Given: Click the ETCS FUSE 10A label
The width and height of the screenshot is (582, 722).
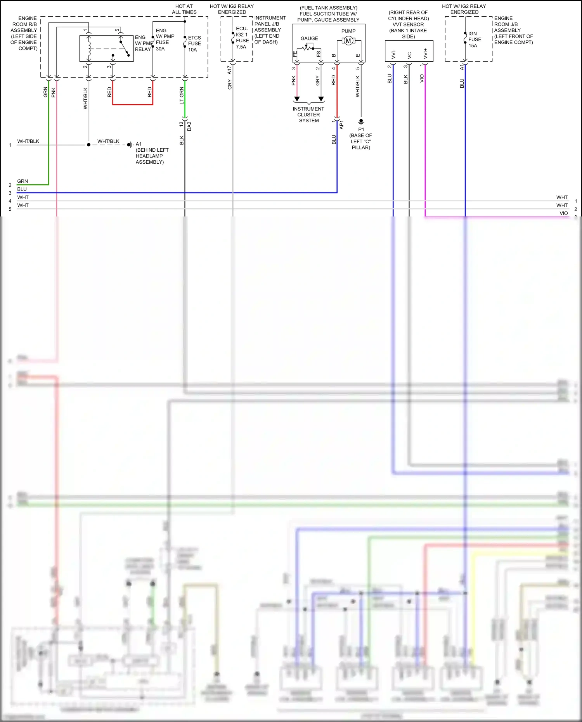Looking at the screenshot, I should coord(194,43).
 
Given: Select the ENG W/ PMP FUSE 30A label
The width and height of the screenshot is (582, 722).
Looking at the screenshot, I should coord(165,40).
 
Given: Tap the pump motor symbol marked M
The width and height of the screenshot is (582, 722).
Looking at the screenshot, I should coord(348,41).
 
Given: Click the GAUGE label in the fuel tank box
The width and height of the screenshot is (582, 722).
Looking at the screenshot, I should coord(309,38).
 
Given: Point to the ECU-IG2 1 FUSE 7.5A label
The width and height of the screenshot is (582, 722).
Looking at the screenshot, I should coord(242,38).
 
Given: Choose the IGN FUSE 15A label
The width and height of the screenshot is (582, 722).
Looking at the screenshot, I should coord(474,40).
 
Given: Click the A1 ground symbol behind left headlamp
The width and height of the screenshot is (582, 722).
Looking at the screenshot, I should coord(130,145).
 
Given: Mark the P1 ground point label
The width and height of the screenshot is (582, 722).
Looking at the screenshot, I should coord(361,129).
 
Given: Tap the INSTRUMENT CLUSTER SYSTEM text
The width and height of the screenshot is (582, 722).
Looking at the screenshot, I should coord(308,115).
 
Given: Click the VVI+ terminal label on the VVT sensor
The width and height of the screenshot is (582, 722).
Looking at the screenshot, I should coord(426,54).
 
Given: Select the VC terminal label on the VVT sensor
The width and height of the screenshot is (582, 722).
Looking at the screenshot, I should coord(409,55).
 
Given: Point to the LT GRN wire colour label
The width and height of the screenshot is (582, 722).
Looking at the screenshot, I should coord(182,95).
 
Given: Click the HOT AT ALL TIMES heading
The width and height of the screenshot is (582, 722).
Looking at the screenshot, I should coord(184,9).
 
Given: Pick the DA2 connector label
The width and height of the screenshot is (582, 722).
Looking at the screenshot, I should coord(189,126).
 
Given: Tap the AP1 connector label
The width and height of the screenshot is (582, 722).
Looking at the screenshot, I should coord(341,125).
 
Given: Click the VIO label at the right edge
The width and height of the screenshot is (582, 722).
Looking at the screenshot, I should coord(563,213).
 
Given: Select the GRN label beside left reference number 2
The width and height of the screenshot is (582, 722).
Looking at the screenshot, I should coord(23,181).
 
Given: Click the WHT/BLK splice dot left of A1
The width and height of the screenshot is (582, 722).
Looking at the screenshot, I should coord(89,145).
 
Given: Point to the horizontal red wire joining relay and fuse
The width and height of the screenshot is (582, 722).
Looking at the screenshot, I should coord(133,104).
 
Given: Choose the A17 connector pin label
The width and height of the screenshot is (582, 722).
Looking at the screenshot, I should coord(229,69).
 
